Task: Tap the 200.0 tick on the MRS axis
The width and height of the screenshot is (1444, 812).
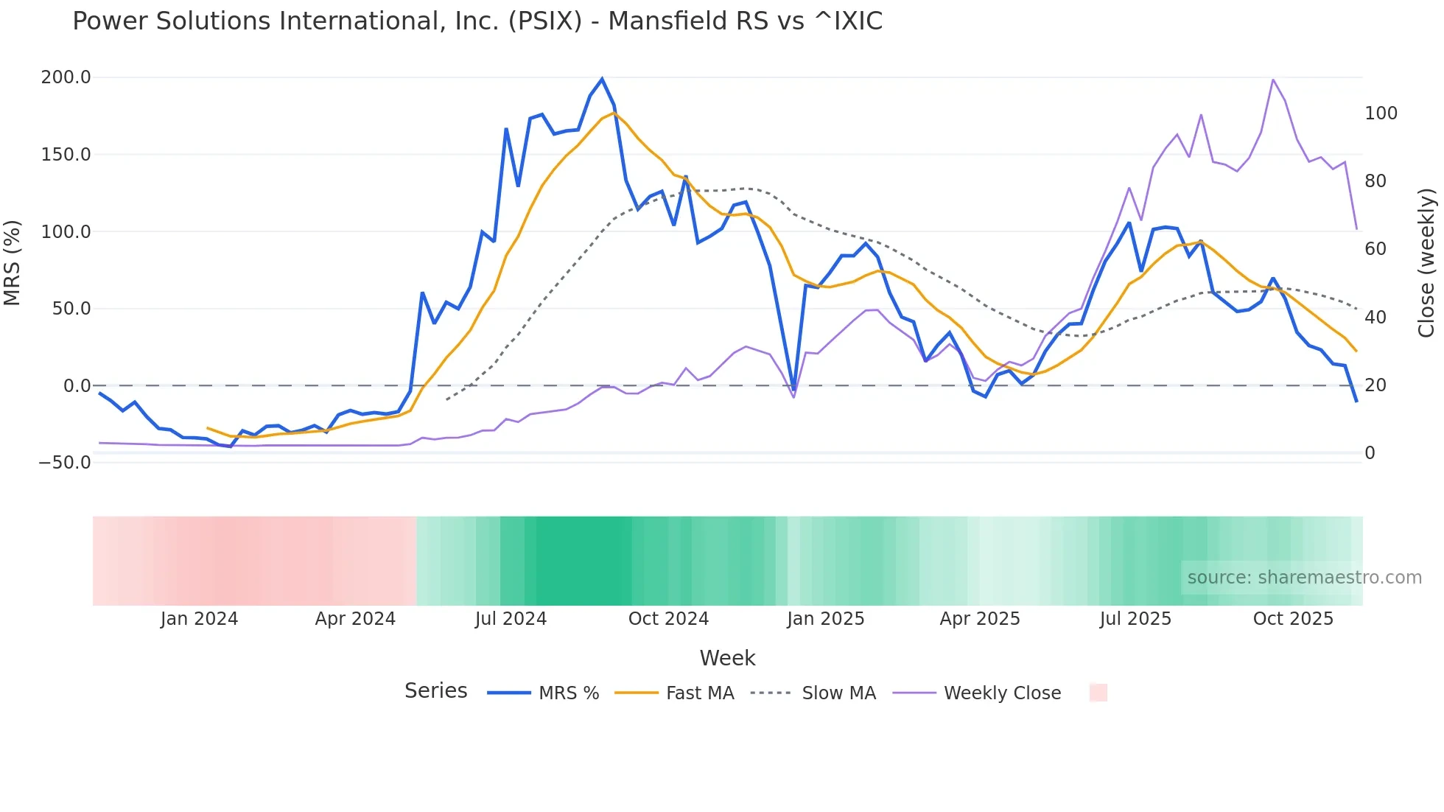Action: (x=66, y=77)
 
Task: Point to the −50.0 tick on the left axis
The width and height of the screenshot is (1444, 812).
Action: (x=64, y=463)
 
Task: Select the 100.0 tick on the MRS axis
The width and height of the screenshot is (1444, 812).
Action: (x=66, y=231)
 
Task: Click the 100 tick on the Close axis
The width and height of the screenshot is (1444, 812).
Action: (x=1381, y=113)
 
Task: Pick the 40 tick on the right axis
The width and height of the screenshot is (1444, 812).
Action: (x=1375, y=318)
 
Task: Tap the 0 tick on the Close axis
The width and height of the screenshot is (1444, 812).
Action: (x=1370, y=453)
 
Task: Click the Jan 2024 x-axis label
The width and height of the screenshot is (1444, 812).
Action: (x=199, y=619)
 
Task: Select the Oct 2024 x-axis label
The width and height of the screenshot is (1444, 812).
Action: (x=668, y=619)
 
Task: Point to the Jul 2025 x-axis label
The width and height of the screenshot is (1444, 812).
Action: (x=1135, y=619)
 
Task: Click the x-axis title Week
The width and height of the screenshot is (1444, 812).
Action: (x=727, y=658)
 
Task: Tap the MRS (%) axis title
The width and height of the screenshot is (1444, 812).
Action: (x=12, y=262)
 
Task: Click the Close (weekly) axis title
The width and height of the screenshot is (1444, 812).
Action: (x=1426, y=263)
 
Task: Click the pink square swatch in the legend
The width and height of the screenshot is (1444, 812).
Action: (x=1098, y=693)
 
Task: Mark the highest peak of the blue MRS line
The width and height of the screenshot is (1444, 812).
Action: (x=602, y=79)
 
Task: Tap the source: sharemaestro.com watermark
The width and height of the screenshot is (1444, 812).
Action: (x=1304, y=578)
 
